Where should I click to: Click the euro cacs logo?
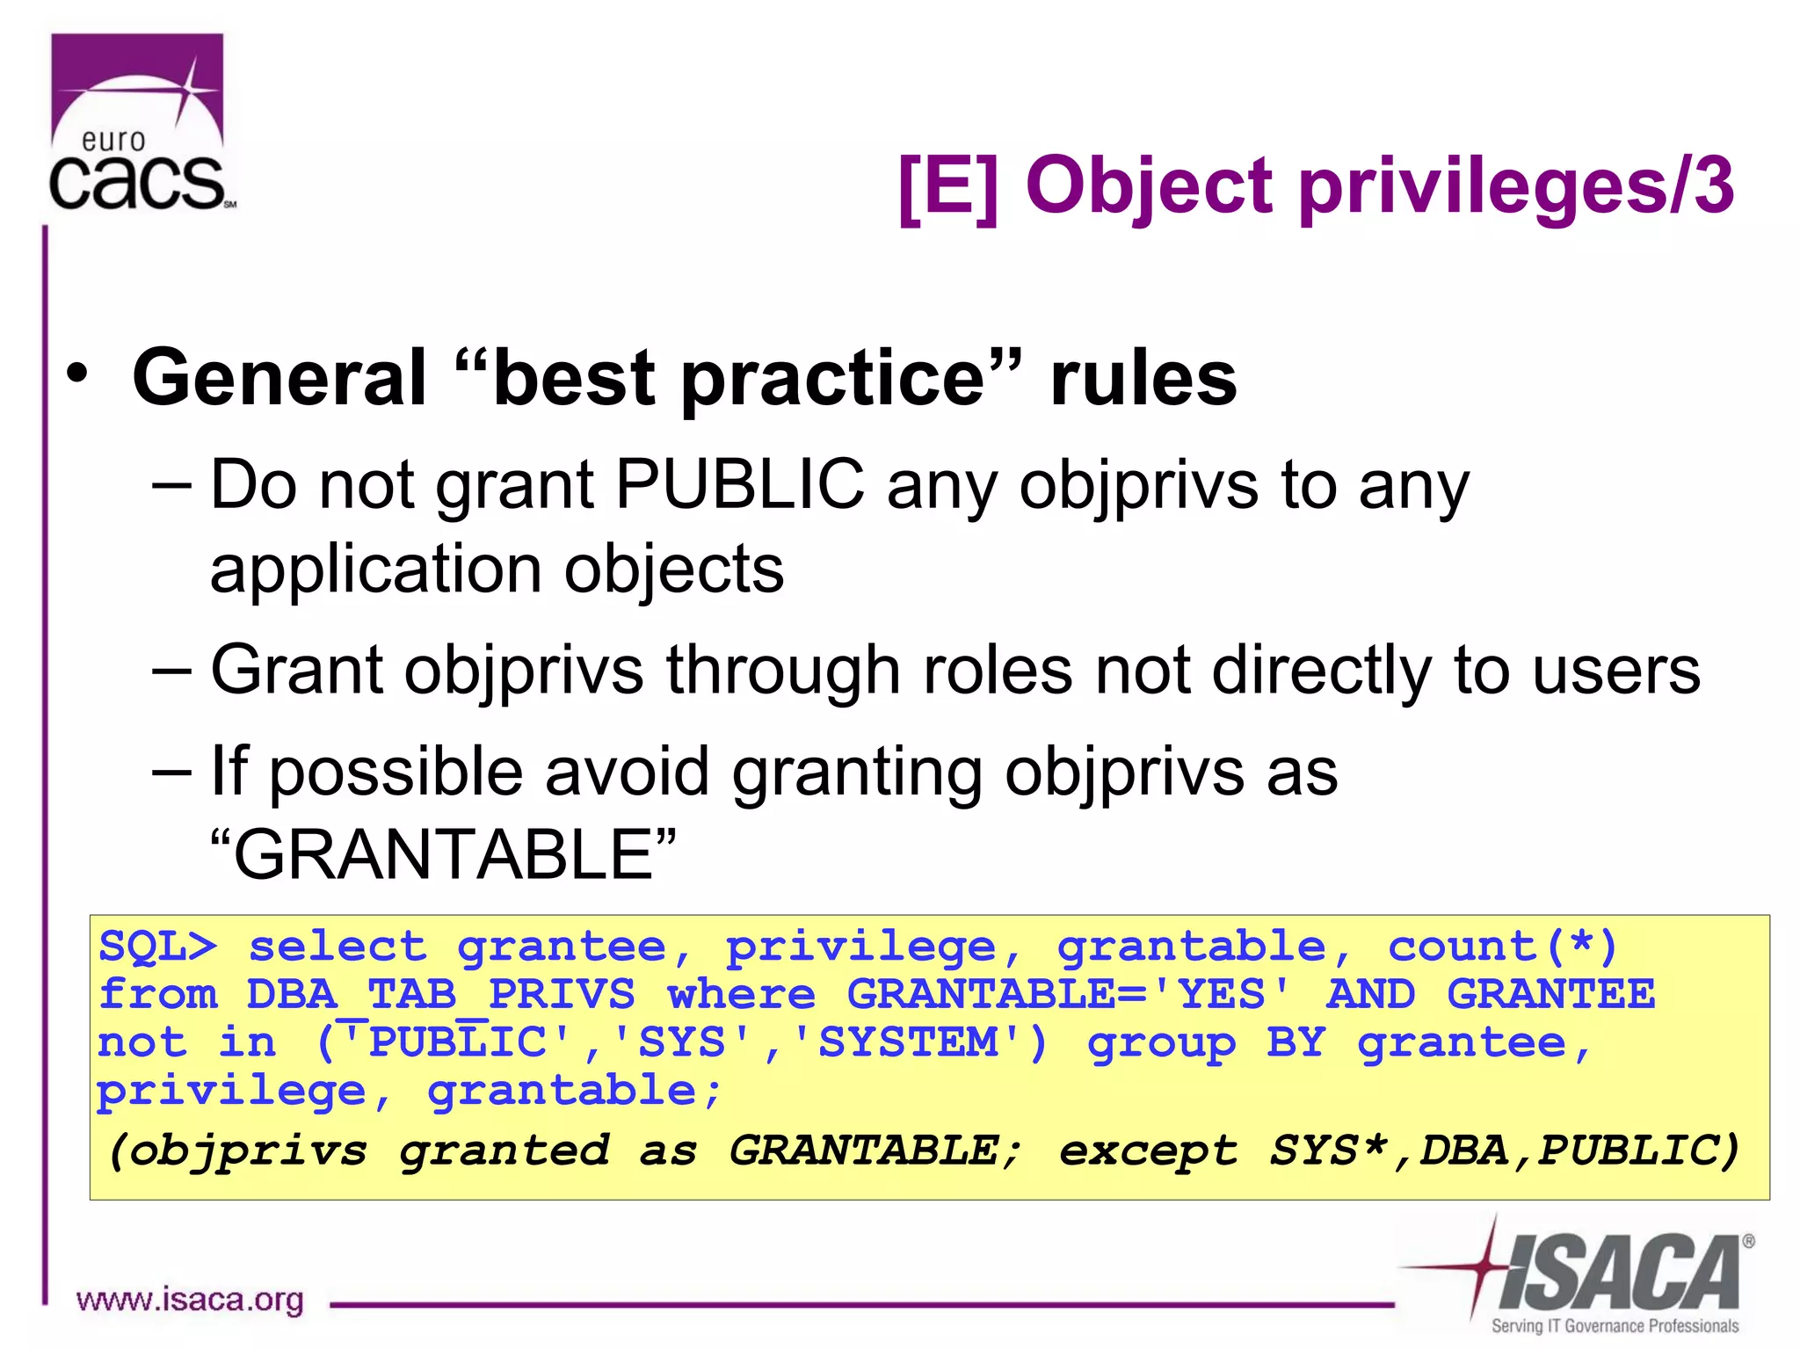pos(139,123)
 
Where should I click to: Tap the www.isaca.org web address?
pos(190,1300)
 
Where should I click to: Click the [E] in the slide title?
pos(948,186)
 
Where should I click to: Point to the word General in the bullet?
pos(279,378)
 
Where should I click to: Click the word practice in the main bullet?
pos(834,378)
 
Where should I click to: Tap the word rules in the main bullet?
pos(1143,378)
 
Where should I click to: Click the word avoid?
pos(626,772)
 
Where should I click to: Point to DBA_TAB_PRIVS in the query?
pos(440,995)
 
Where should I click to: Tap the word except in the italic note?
pos(1149,1150)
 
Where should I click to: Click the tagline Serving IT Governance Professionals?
pos(1615,1325)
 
